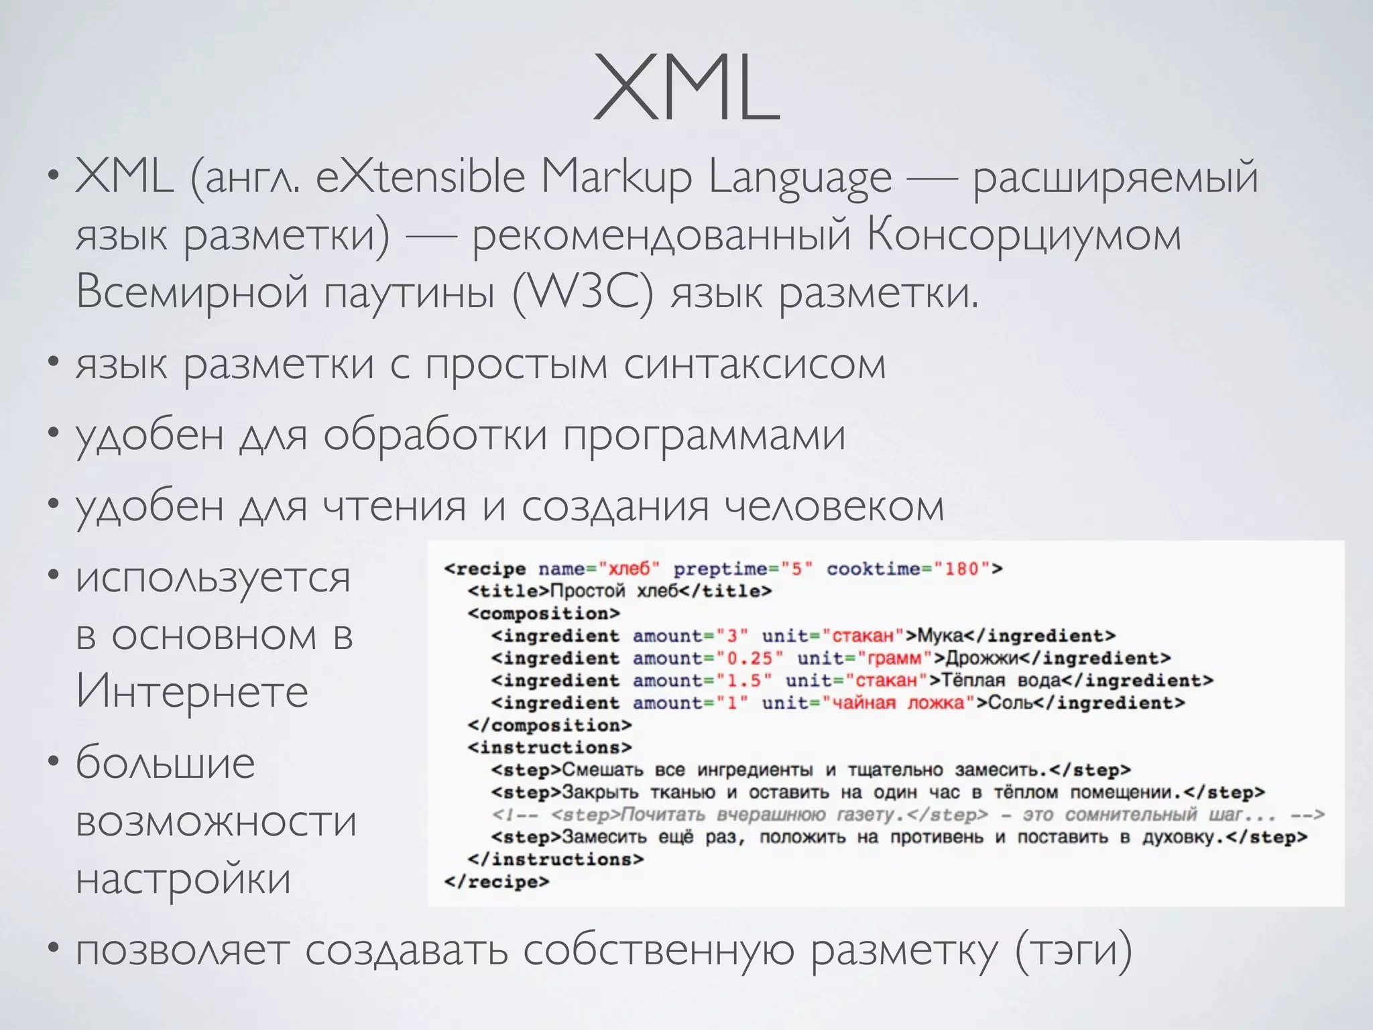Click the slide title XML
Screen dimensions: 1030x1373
tap(686, 89)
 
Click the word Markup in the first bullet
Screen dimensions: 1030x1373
tap(616, 178)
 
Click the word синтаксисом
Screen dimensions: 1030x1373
tap(755, 365)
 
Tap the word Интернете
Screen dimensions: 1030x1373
tap(192, 691)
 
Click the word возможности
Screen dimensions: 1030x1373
tap(217, 821)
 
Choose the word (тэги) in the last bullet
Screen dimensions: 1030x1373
tap(1073, 950)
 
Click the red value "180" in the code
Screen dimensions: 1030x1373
tap(962, 569)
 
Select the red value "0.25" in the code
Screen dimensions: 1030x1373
tap(749, 659)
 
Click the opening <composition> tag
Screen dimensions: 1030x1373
tap(544, 614)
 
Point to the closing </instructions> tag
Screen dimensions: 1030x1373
tap(556, 860)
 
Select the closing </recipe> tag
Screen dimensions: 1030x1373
tap(496, 882)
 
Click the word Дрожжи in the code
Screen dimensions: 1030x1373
tap(981, 659)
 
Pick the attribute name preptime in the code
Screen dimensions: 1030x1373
tap(720, 569)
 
